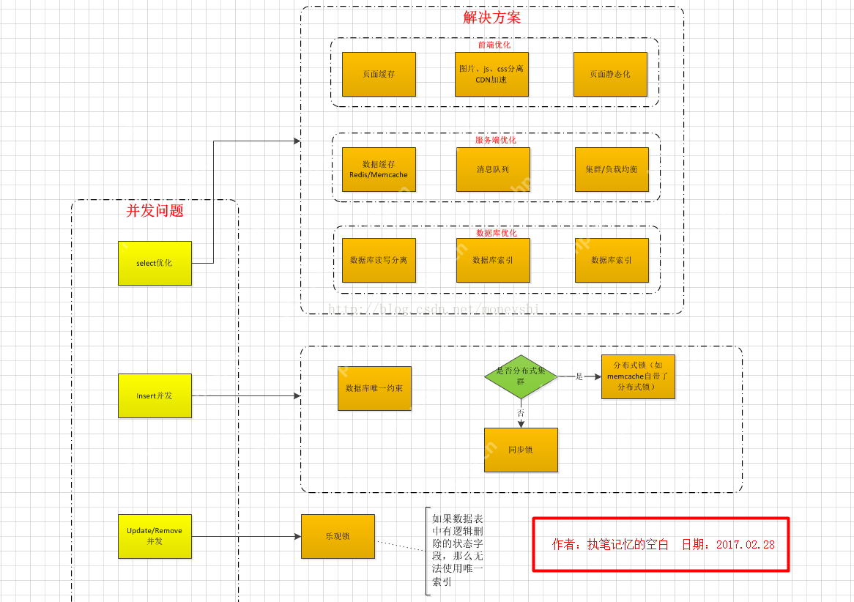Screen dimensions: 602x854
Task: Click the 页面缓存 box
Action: point(379,74)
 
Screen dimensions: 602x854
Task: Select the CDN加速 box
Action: point(491,74)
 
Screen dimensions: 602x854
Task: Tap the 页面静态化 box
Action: point(610,74)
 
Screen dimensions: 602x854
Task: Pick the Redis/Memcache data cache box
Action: point(379,169)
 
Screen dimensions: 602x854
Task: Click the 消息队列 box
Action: point(492,169)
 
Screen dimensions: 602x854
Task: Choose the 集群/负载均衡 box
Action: point(612,169)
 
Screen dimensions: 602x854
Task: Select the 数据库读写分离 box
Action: point(379,260)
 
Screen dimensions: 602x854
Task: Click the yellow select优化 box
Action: point(155,263)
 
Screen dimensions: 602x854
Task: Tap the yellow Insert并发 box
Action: point(155,395)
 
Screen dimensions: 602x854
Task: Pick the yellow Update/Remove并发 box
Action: point(155,536)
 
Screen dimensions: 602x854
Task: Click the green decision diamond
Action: point(521,376)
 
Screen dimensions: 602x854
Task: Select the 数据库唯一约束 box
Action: point(374,388)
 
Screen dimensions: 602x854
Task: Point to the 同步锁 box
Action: point(521,450)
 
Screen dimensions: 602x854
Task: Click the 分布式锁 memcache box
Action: point(638,376)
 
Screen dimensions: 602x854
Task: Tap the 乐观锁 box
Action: point(338,536)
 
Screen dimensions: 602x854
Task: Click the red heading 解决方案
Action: point(492,18)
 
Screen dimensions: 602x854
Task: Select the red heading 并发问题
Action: point(155,211)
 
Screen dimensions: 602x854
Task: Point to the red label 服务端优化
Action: point(496,140)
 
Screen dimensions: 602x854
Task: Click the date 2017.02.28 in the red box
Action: point(745,545)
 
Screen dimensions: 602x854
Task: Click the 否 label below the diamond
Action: point(521,413)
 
